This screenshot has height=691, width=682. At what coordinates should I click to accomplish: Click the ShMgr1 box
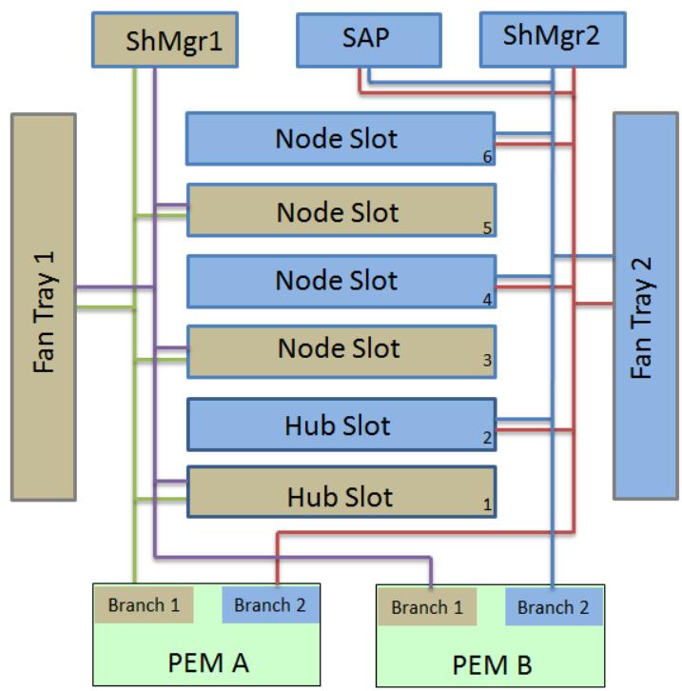point(166,40)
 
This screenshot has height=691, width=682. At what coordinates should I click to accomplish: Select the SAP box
point(369,40)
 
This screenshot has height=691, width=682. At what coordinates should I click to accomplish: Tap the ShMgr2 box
point(553,39)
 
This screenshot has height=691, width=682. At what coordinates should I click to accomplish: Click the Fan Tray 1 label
point(44,312)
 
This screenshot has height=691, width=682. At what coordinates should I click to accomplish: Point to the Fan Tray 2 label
point(641,318)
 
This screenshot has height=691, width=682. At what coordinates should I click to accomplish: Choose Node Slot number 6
point(341,139)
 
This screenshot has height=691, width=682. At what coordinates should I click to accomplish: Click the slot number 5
point(487,227)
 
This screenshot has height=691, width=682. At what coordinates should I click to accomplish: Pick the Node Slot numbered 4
point(341,282)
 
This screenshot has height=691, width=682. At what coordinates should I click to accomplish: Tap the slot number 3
point(487,360)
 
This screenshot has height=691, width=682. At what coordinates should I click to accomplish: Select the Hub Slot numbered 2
point(341,424)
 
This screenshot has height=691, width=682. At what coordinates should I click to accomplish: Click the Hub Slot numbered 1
point(341,492)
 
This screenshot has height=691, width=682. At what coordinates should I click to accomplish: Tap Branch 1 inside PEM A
point(144,604)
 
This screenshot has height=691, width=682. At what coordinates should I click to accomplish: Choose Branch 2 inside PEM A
point(270,604)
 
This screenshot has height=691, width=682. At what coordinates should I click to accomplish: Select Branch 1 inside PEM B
point(427,607)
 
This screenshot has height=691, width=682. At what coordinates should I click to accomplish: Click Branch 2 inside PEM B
point(554,607)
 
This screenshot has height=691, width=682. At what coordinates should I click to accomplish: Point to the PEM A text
point(208,662)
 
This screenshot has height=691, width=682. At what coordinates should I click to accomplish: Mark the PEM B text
point(492,664)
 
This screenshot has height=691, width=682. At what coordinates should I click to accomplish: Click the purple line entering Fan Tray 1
point(115,287)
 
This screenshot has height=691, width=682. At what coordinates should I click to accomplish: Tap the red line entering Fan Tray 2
point(594,304)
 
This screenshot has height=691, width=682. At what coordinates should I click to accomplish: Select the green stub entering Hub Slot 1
point(161,499)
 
